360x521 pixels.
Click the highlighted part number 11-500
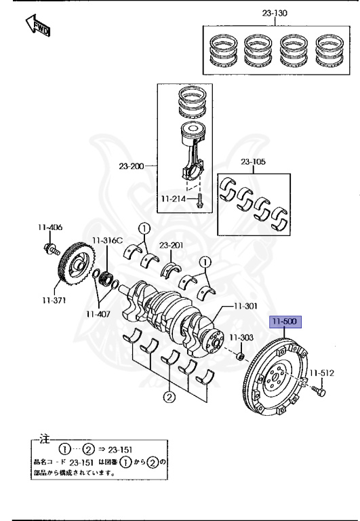(285, 322)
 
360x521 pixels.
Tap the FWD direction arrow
(38, 25)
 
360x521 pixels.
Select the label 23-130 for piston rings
(275, 13)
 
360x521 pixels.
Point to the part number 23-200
(131, 166)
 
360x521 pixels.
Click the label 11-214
(174, 199)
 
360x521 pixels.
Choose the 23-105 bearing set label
(253, 162)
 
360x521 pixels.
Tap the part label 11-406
(49, 227)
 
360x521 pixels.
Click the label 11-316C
(107, 241)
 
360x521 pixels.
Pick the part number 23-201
(171, 245)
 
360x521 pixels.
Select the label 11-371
(54, 301)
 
